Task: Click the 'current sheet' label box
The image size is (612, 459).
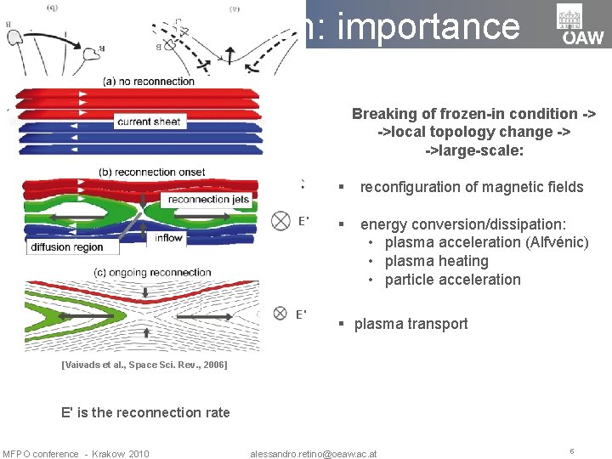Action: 149,122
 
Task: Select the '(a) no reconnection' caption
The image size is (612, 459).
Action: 149,82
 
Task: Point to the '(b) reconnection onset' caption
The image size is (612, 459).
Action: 152,172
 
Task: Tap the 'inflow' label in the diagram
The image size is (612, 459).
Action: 168,238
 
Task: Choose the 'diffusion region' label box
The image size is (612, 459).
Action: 67,247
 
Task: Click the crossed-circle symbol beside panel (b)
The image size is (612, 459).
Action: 280,221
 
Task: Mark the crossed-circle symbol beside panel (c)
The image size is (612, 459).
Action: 280,314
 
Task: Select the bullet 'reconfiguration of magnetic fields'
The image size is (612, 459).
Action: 471,187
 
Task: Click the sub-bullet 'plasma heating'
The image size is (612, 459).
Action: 436,261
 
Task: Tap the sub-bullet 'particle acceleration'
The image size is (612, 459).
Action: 452,280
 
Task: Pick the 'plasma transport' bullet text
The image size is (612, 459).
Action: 411,324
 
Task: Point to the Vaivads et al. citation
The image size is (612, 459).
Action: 144,365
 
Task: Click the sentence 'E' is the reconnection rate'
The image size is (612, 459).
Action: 145,412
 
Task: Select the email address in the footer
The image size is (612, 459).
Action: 314,453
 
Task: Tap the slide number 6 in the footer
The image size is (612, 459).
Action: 572,451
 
